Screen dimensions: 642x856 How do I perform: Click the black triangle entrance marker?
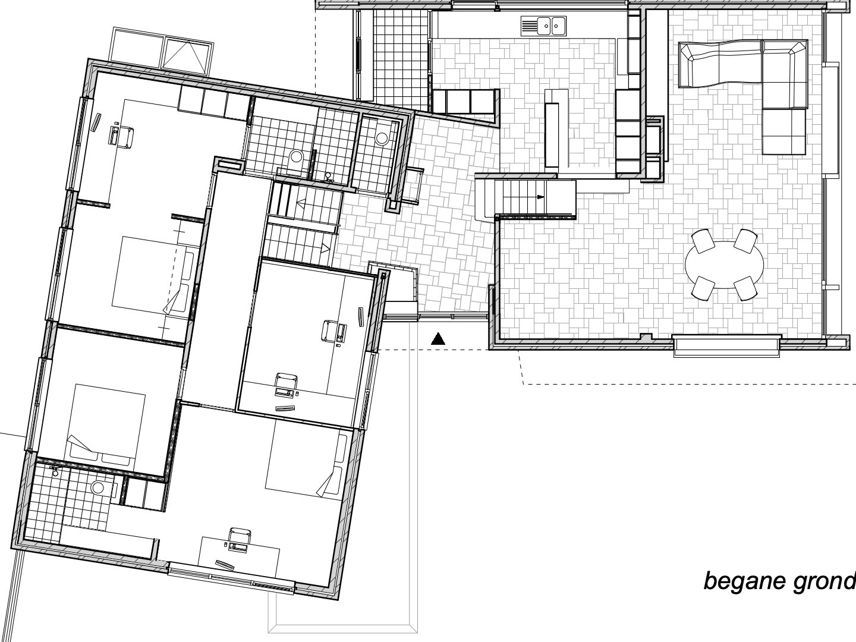click(438, 339)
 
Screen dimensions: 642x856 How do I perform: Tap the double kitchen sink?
click(543, 26)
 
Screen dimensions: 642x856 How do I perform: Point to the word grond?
click(824, 581)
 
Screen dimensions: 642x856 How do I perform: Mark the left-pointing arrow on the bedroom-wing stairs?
click(302, 203)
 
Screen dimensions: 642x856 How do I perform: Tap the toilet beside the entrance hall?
click(381, 137)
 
